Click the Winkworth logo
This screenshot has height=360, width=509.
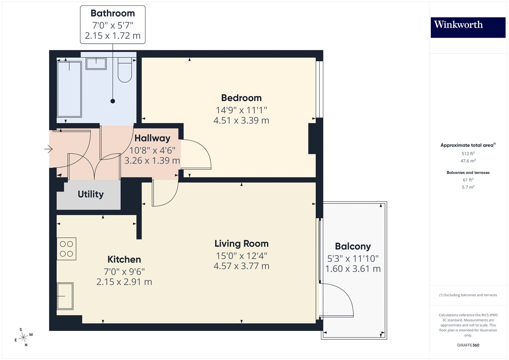pyautogui.click(x=468, y=28)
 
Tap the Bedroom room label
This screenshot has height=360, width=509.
pyautogui.click(x=241, y=98)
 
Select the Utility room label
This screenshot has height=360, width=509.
pyautogui.click(x=91, y=194)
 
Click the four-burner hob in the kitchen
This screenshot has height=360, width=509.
pyautogui.click(x=66, y=249)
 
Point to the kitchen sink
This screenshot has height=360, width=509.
pyautogui.click(x=65, y=296)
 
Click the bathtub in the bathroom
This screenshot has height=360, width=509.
pyautogui.click(x=69, y=89)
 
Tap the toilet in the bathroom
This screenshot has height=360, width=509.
pyautogui.click(x=125, y=70)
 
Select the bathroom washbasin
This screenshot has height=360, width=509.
pyautogui.click(x=96, y=64)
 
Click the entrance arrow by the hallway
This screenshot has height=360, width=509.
pyautogui.click(x=48, y=149)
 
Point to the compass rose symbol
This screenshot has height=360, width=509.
pyautogui.click(x=24, y=337)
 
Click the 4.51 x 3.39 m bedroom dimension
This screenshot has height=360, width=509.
pyautogui.click(x=241, y=120)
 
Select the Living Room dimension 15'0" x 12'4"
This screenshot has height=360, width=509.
pyautogui.click(x=241, y=256)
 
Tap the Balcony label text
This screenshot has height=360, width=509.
pyautogui.click(x=353, y=247)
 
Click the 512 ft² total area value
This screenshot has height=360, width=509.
pyautogui.click(x=468, y=153)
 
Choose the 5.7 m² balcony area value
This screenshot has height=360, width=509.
pyautogui.click(x=468, y=187)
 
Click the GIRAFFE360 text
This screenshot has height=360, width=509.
pyautogui.click(x=468, y=345)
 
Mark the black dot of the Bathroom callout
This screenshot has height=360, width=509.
pyautogui.click(x=113, y=101)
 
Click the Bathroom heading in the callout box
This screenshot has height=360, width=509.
pyautogui.click(x=113, y=13)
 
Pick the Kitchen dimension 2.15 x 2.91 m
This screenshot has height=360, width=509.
pyautogui.click(x=124, y=282)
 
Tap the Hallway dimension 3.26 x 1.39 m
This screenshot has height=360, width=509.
pyautogui.click(x=152, y=160)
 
